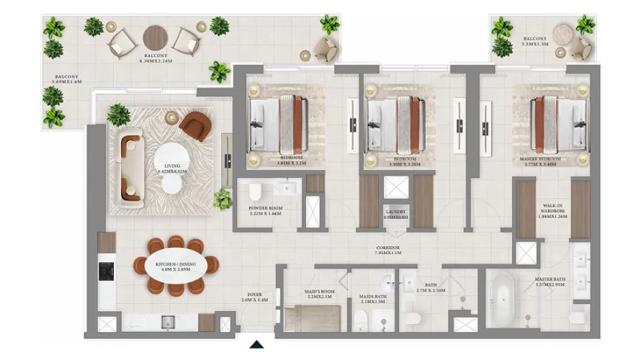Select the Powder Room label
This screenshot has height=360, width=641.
coord(264,210)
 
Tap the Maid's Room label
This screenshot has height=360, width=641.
coord(316,295)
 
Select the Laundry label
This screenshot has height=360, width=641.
coord(395,214)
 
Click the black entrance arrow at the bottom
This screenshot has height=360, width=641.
coord(256,345)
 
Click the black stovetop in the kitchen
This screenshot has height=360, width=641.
coord(105,271)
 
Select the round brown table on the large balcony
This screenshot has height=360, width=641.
coord(156,37)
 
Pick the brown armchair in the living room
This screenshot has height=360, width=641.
coord(194,127)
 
